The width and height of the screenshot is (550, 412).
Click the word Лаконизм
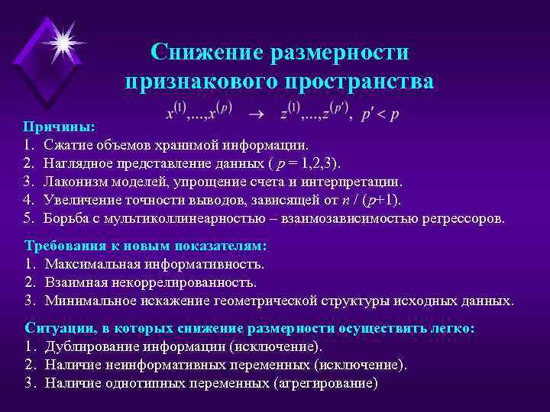75,182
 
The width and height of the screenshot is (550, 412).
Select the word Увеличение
82,200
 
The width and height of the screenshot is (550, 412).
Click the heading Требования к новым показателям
145,246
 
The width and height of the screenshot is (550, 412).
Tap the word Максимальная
92,265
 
